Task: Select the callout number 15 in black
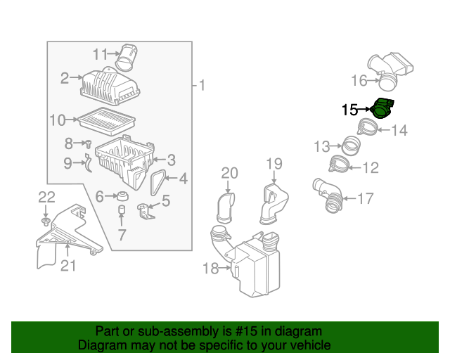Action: pos(349,110)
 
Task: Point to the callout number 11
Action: pos(101,53)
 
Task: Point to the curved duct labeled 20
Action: pos(226,207)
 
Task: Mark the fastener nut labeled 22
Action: pos(45,221)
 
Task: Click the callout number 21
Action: pos(67,265)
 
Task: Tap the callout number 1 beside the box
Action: pos(202,86)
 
